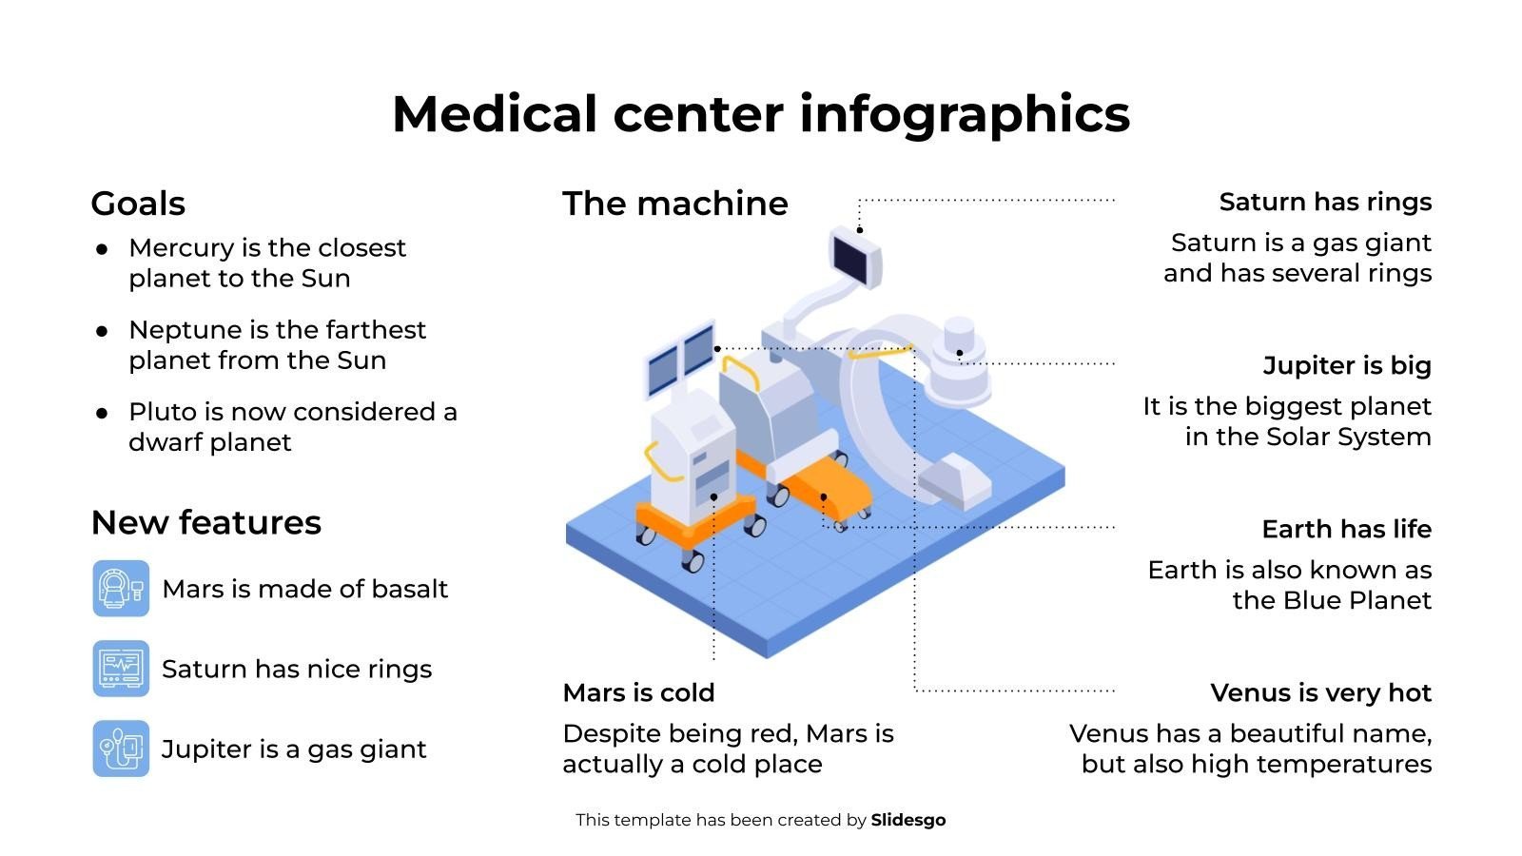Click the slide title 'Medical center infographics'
tap(760, 114)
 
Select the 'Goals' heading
tap(138, 204)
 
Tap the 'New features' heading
tap(205, 522)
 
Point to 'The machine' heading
tap(674, 204)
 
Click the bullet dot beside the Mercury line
tap(102, 249)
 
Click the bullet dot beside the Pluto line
tap(102, 413)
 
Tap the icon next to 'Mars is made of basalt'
tap(121, 589)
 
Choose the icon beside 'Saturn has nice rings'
tap(121, 669)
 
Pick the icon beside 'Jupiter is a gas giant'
tap(121, 749)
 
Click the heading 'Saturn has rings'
tap(1325, 202)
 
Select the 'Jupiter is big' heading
tap(1347, 365)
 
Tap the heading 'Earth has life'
tap(1346, 529)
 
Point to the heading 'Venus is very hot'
tap(1320, 692)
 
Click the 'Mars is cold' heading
tap(638, 692)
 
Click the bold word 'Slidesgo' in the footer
tap(907, 820)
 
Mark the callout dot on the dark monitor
tap(859, 230)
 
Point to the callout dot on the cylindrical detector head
tap(959, 353)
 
